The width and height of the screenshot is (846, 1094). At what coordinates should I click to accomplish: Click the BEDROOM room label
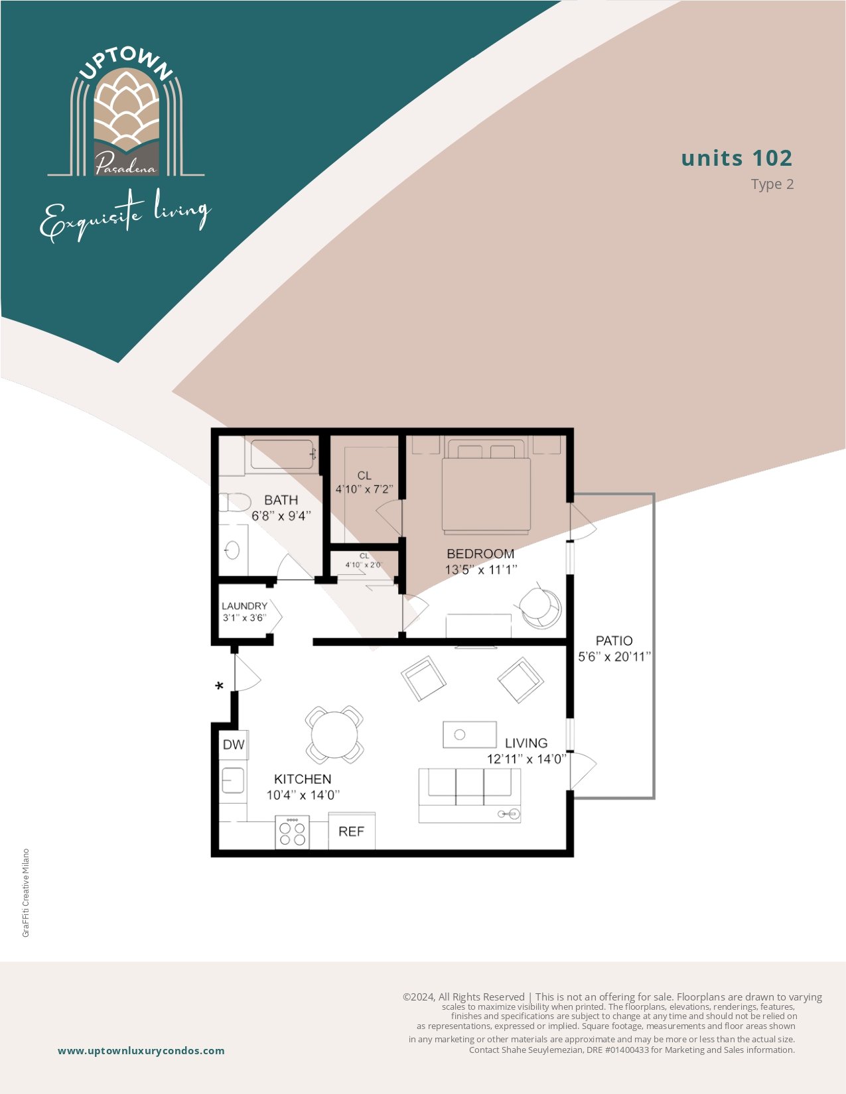pyautogui.click(x=480, y=554)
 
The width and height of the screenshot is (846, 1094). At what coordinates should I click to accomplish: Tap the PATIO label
pyautogui.click(x=614, y=641)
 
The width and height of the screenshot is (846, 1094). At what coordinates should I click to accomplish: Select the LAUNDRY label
pyautogui.click(x=244, y=606)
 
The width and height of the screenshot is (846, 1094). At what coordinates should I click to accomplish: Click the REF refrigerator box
pyautogui.click(x=351, y=831)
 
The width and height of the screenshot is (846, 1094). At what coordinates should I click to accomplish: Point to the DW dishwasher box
pyautogui.click(x=234, y=745)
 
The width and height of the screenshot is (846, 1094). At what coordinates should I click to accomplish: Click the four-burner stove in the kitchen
pyautogui.click(x=292, y=832)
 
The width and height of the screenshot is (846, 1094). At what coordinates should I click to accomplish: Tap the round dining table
pyautogui.click(x=334, y=735)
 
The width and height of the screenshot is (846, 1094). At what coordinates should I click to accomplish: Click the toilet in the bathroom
pyautogui.click(x=235, y=503)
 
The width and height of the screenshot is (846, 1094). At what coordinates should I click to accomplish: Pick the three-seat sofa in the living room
pyautogui.click(x=470, y=796)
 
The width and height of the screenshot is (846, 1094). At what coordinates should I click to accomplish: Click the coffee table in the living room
pyautogui.click(x=470, y=735)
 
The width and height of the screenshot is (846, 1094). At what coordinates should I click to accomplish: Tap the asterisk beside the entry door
pyautogui.click(x=219, y=686)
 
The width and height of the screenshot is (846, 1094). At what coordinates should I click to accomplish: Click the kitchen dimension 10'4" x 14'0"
pyautogui.click(x=303, y=796)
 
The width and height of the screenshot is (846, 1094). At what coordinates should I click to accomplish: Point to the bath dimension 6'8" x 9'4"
pyautogui.click(x=281, y=516)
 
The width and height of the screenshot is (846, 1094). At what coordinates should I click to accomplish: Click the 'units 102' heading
pyautogui.click(x=737, y=158)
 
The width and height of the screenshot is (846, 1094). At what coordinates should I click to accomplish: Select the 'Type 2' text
pyautogui.click(x=772, y=184)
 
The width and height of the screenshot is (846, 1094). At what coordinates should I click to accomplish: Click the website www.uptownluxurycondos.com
pyautogui.click(x=141, y=1051)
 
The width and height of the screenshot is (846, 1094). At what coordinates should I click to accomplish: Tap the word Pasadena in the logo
pyautogui.click(x=126, y=165)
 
